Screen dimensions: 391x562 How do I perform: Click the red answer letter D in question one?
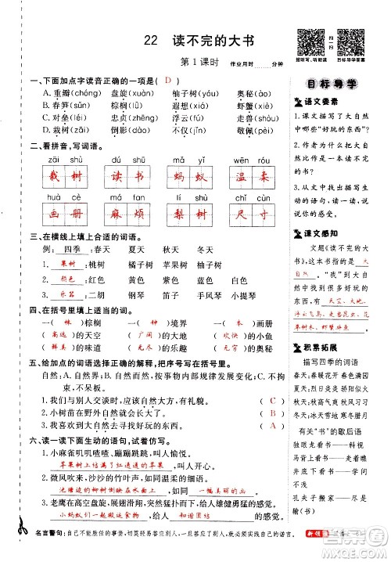pyautogui.click(x=167, y=80)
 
